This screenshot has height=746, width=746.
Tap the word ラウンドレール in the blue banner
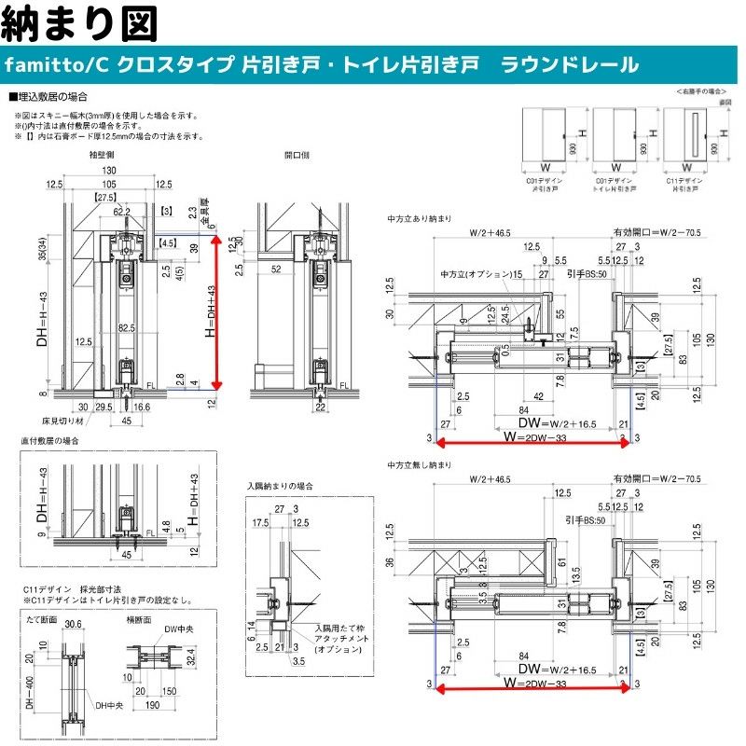point(570,64)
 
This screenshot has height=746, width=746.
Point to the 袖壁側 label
point(102,156)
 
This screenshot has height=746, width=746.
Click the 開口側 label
point(296,156)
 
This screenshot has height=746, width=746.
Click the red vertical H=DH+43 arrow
point(217,311)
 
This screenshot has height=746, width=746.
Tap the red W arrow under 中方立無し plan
point(532,690)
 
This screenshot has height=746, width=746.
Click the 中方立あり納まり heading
point(420,220)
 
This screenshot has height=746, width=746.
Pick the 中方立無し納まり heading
point(420,464)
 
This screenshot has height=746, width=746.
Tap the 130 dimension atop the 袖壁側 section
point(110,171)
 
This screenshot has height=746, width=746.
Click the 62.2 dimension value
point(122,212)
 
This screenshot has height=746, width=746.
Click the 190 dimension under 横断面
point(150,706)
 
